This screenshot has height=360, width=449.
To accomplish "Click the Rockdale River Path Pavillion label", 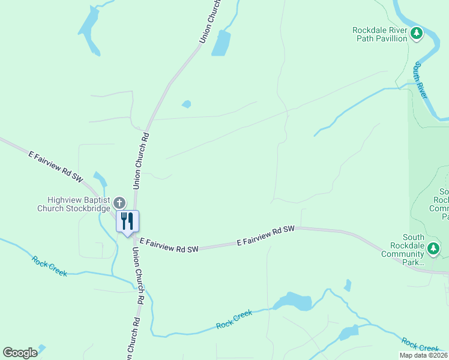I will point(379,34).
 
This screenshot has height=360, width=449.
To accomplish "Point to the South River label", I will point(421,80).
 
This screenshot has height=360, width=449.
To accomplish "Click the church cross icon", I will point(119,203).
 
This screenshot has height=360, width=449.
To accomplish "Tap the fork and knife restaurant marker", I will point(127,221).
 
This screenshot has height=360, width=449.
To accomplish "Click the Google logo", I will point(20,353).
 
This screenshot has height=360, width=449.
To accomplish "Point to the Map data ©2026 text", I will point(423,355).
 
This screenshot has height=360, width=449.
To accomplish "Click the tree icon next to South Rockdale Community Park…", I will point(433,248).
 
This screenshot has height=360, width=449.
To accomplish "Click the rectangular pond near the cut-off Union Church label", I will point(221,43).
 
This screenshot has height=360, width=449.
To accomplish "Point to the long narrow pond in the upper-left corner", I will point(89,31).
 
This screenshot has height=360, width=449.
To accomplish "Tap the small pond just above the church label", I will point(100,179).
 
